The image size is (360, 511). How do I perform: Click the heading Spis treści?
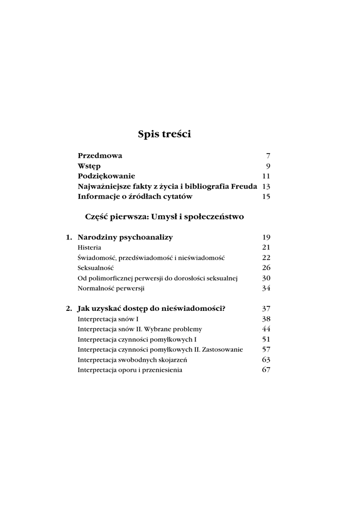[164, 134]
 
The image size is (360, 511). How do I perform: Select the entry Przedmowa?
[100, 156]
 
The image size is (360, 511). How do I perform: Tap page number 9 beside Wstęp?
[268, 166]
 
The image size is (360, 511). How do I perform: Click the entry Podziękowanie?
[106, 176]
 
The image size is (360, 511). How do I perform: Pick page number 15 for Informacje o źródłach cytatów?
[266, 197]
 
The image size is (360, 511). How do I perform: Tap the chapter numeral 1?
[69, 238]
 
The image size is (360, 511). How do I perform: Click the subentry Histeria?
[90, 248]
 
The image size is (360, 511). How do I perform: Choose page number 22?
[266, 257]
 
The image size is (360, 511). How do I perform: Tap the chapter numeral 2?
[69, 309]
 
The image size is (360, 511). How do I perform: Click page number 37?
[266, 309]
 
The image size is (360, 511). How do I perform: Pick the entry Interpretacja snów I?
[108, 319]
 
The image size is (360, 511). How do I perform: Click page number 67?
[266, 370]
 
